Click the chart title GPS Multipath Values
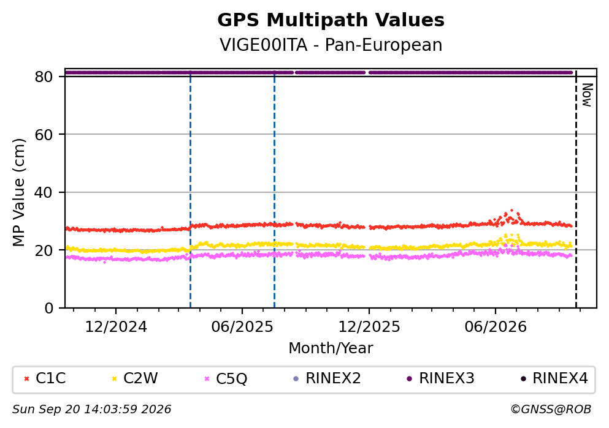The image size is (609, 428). point(331,20)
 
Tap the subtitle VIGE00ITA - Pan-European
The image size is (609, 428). point(331,45)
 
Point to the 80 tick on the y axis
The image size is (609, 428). point(44,77)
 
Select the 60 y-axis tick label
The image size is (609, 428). point(44,135)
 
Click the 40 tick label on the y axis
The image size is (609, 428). point(44,192)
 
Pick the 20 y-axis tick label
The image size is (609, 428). point(44,250)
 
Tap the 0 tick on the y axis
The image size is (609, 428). point(49,308)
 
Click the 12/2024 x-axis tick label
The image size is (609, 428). point(116,327)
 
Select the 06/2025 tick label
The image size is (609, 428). point(242,327)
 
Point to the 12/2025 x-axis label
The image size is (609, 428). point(369,327)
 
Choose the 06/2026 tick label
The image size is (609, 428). point(496,327)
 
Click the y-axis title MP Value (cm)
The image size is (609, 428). point(18,192)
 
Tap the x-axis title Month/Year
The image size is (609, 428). point(331,348)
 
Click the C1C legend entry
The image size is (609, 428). point(45,378)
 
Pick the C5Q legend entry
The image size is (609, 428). point(226,378)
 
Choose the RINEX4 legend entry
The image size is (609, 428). point(554,378)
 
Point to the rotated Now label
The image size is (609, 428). point(588,95)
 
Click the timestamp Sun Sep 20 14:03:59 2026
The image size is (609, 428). point(91,410)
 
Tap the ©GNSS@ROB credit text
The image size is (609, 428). point(551,410)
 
